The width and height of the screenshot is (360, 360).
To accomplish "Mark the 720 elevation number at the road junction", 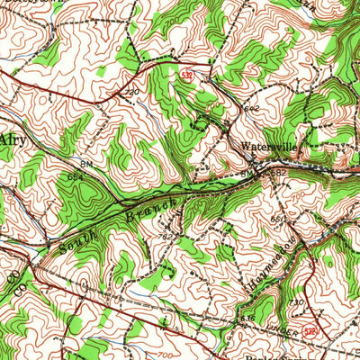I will (132, 93).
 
